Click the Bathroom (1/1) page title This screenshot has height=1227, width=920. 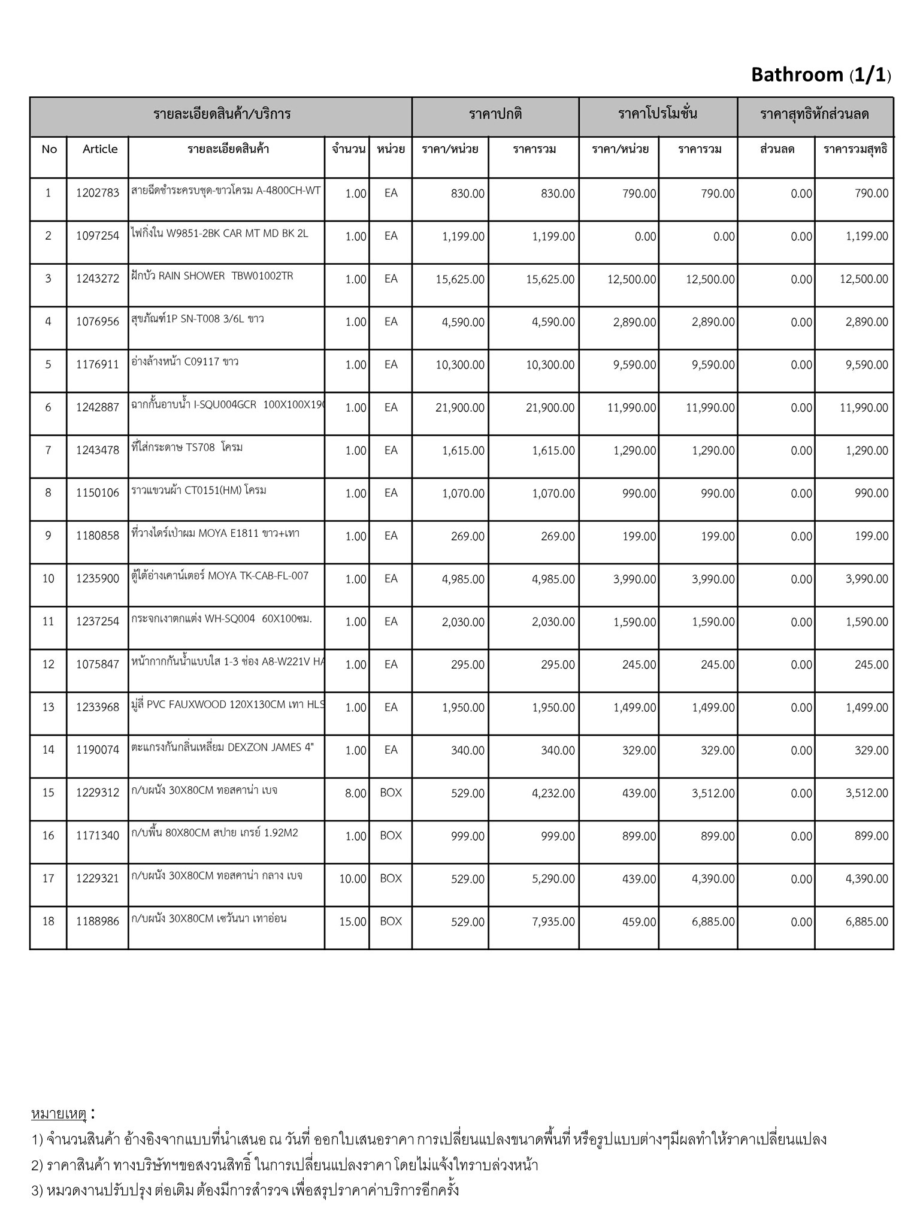point(821,75)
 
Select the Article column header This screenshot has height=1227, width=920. point(100,149)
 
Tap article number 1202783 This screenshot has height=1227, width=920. point(98,194)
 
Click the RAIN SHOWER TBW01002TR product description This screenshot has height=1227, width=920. point(213,276)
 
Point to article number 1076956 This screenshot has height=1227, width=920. point(98,322)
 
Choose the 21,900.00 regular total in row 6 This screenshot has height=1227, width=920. point(550,408)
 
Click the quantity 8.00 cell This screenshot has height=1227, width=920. point(355,793)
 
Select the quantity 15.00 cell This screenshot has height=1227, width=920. point(353,921)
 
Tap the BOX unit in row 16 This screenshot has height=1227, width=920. point(391,836)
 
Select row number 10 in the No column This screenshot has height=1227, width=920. point(48,579)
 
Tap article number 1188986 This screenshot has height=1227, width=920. point(98,921)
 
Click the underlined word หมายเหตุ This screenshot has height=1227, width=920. point(59,1114)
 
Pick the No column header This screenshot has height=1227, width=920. point(49,149)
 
